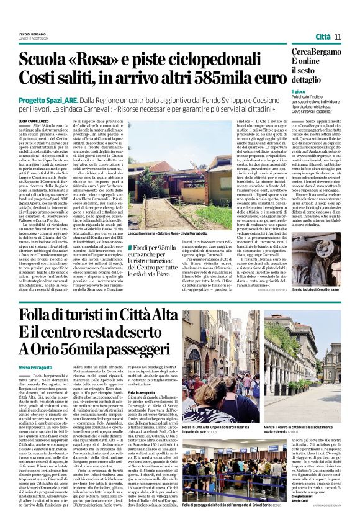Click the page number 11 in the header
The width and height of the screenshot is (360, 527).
point(338,37)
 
